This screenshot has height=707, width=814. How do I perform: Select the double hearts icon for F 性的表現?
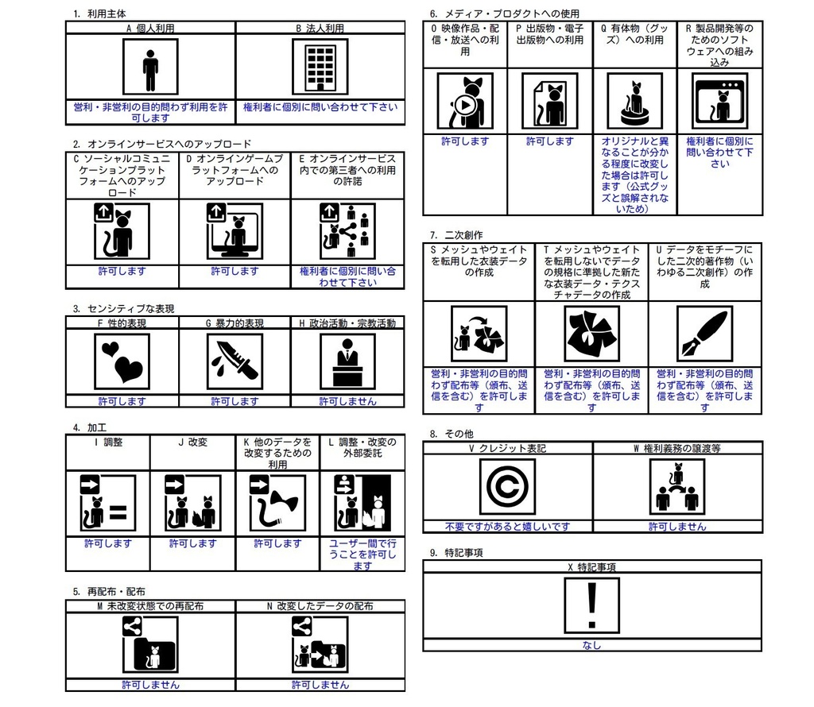point(122,361)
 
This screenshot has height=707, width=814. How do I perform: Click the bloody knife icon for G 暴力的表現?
point(235,361)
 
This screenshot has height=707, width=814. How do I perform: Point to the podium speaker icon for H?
point(347,361)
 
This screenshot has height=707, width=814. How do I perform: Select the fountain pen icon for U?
point(704,334)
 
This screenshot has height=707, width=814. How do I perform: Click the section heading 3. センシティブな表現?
point(123,308)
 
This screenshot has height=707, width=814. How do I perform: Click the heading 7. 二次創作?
point(455,235)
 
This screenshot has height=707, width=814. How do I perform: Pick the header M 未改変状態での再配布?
point(150,606)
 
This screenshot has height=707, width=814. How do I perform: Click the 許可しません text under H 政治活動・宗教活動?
point(347,401)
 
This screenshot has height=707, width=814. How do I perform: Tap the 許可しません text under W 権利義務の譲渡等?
point(677,526)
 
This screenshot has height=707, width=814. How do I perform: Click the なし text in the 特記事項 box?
point(591,645)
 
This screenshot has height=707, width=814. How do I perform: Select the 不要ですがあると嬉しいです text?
point(507,526)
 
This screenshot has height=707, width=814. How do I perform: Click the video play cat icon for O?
point(465,101)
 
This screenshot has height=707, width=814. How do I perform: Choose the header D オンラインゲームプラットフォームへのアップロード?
point(235,169)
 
